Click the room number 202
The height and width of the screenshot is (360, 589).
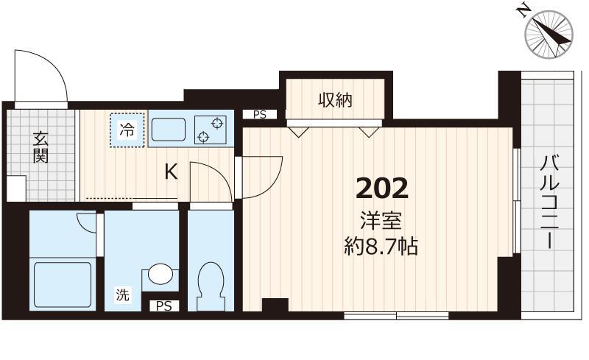pyautogui.click(x=381, y=188)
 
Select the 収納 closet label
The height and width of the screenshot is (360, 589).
pyautogui.click(x=336, y=100)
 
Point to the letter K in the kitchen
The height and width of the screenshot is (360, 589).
pyautogui.click(x=172, y=172)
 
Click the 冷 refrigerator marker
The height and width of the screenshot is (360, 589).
pyautogui.click(x=127, y=130)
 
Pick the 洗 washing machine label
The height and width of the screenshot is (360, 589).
pyautogui.click(x=122, y=294)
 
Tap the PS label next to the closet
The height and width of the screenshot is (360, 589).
pyautogui.click(x=260, y=115)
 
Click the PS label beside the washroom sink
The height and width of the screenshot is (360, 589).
pyautogui.click(x=164, y=306)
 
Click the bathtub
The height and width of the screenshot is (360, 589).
pyautogui.click(x=63, y=284)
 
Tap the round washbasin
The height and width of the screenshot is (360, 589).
pyautogui.click(x=161, y=275)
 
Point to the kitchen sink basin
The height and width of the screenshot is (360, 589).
pyautogui.click(x=169, y=130)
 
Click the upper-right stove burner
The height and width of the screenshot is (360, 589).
pyautogui.click(x=216, y=123)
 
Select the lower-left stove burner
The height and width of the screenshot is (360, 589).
pyautogui.click(x=203, y=137)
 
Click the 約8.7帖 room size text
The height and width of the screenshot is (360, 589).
pyautogui.click(x=381, y=247)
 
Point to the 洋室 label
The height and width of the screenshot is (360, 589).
pyautogui.click(x=381, y=221)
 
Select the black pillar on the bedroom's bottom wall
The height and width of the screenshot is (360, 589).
pyautogui.click(x=275, y=305)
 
